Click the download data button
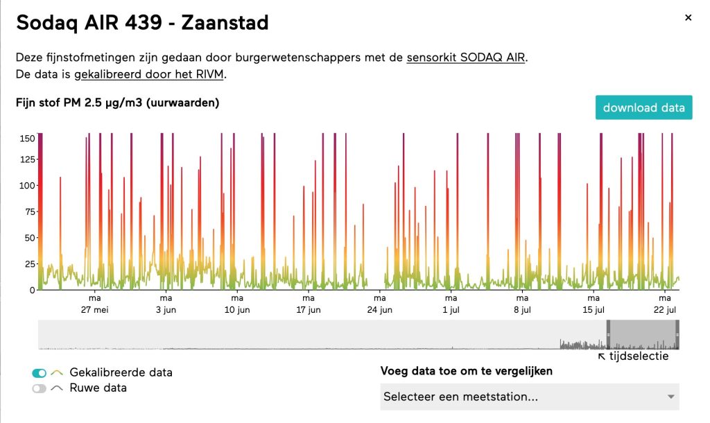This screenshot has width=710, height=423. (643, 107)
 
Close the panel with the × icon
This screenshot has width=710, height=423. (689, 17)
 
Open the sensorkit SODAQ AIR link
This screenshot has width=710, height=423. (466, 58)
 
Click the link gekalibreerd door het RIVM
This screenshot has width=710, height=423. (149, 74)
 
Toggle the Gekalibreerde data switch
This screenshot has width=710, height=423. (40, 373)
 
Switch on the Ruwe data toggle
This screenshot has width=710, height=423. (40, 388)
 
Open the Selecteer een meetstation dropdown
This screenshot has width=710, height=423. (529, 397)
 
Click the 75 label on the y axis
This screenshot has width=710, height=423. (30, 211)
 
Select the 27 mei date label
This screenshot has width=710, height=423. (94, 310)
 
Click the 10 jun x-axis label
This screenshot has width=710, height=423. (237, 310)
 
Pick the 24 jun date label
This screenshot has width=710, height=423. (380, 310)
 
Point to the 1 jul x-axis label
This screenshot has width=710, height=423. (451, 310)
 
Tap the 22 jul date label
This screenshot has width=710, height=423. (665, 310)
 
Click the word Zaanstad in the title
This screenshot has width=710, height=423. (225, 23)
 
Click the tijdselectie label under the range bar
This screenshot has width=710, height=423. (639, 356)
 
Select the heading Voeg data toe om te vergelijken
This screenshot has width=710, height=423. (467, 372)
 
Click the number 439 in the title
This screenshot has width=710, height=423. (143, 23)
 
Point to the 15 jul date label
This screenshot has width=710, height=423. (594, 310)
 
